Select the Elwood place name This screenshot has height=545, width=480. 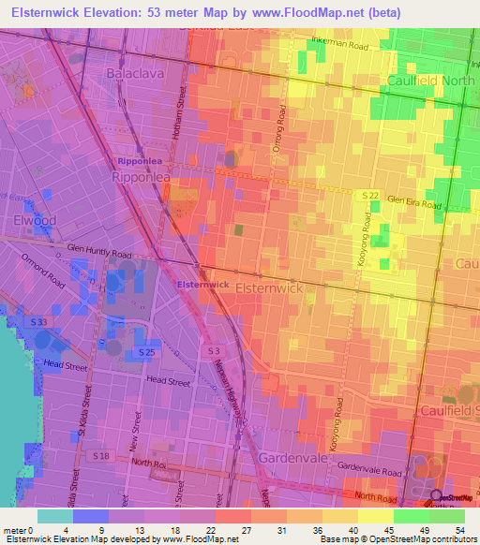[x=35, y=221]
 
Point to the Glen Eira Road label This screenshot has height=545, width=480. [x=413, y=203]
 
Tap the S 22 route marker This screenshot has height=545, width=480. [x=371, y=194]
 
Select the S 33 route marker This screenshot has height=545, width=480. [x=37, y=322]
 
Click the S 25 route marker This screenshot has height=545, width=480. [x=145, y=350]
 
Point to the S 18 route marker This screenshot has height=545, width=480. [x=101, y=455]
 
